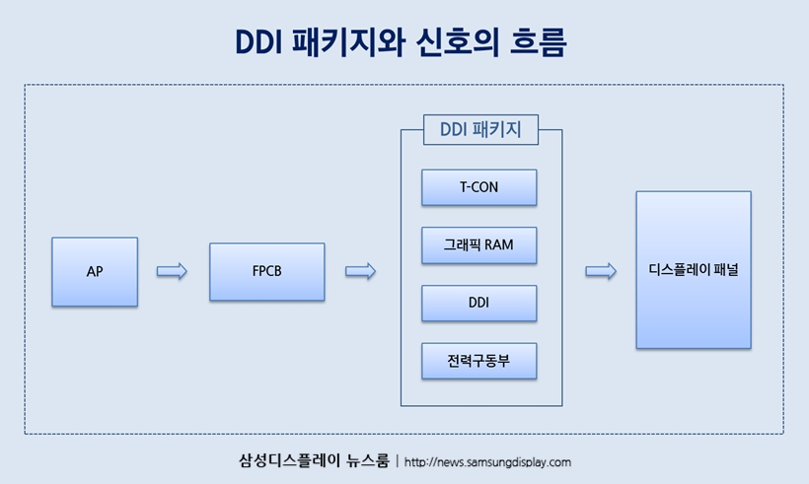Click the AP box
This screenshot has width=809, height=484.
[95, 272]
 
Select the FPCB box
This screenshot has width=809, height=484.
[267, 272]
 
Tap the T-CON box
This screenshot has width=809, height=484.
[479, 187]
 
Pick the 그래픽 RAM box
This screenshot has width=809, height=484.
[479, 244]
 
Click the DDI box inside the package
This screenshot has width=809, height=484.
[479, 303]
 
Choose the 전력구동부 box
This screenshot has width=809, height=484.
[479, 361]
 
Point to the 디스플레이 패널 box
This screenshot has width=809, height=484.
[694, 270]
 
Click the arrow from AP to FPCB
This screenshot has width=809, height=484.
[172, 271]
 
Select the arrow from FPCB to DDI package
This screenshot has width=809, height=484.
[361, 271]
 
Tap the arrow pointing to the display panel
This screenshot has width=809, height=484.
[601, 271]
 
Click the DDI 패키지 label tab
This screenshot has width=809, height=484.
[480, 130]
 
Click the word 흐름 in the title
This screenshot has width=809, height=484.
[538, 41]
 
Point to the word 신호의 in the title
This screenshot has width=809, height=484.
[457, 41]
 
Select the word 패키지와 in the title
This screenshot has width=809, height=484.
[348, 41]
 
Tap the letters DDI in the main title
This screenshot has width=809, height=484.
[258, 42]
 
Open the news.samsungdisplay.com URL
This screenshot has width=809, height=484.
[487, 462]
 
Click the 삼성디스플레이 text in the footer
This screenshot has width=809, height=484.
[289, 460]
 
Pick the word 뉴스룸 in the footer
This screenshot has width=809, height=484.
[368, 460]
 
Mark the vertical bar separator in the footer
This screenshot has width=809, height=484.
[397, 460]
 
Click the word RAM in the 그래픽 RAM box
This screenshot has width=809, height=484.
[498, 244]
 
